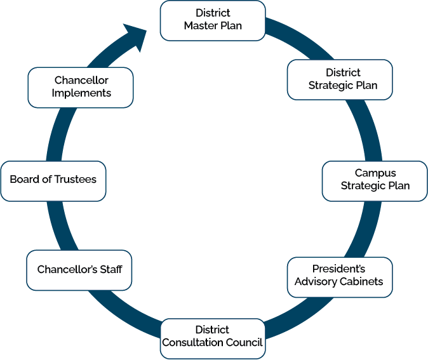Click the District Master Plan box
click(x=213, y=20)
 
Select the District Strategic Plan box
click(x=340, y=79)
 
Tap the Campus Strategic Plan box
click(x=375, y=180)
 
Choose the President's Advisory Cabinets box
click(x=340, y=276)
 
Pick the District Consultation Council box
click(x=212, y=337)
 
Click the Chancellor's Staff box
click(x=80, y=270)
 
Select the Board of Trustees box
click(x=53, y=180)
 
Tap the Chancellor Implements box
click(x=81, y=87)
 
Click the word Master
click(x=200, y=26)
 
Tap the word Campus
click(x=375, y=173)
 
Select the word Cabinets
click(x=362, y=282)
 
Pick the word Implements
click(x=81, y=93)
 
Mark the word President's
click(x=339, y=269)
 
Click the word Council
click(x=246, y=343)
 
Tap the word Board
click(x=25, y=180)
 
